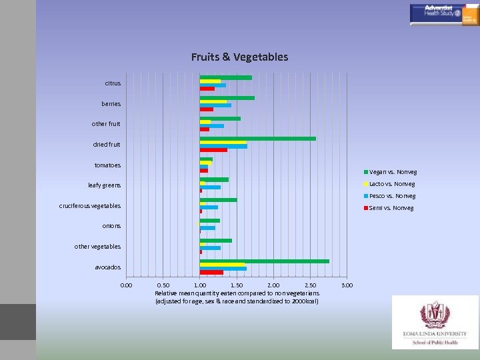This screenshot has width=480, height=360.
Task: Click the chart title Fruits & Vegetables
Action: (239, 57)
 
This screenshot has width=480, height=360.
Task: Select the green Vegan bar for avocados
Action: (265, 261)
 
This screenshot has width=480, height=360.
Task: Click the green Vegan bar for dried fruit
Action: (258, 139)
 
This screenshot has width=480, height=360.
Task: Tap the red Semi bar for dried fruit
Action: (213, 150)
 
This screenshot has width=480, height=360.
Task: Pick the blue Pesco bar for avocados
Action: (223, 269)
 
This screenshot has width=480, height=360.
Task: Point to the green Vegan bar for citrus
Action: (226, 77)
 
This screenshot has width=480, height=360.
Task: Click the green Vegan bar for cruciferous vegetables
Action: (219, 200)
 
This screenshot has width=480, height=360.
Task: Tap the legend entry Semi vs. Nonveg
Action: (389, 208)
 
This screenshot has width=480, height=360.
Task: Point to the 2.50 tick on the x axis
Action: (310, 285)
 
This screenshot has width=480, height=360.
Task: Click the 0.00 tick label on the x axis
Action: (126, 285)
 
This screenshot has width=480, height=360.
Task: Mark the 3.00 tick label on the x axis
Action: (347, 285)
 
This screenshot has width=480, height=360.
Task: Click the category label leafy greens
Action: (105, 185)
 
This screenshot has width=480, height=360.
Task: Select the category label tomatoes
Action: (108, 165)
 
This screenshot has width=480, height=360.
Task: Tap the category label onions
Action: (112, 226)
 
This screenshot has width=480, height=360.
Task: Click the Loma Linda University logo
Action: (435, 322)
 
